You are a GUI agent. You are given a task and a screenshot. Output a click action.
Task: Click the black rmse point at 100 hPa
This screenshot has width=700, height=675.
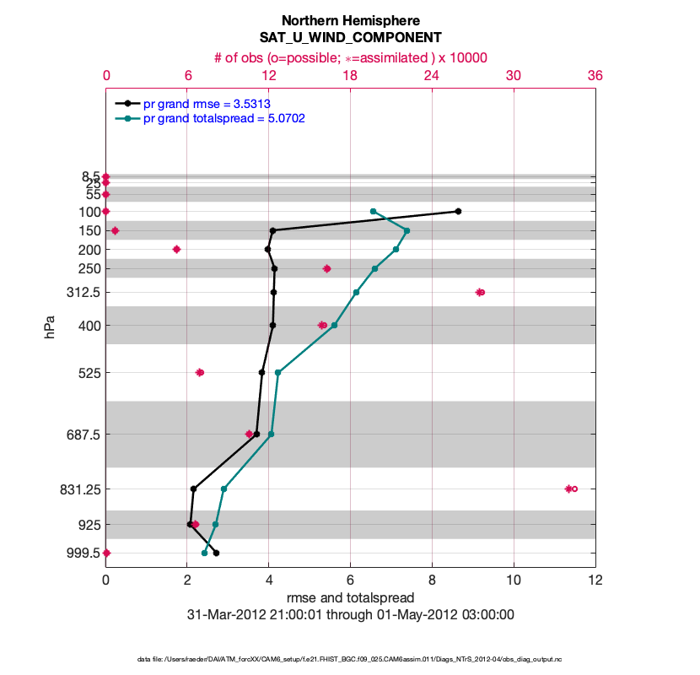(458, 211)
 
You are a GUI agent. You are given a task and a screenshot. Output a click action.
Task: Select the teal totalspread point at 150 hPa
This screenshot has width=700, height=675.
(407, 230)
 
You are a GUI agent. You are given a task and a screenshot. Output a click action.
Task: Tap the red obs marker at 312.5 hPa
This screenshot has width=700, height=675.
(480, 292)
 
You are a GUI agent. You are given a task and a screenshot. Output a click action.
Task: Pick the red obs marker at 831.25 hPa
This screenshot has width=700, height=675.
(570, 489)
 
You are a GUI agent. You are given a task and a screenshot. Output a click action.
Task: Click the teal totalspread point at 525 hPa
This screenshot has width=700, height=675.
(277, 372)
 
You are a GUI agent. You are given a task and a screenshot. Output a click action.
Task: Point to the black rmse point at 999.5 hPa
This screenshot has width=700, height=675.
(217, 553)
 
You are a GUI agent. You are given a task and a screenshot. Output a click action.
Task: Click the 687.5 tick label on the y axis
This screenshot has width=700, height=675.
(78, 435)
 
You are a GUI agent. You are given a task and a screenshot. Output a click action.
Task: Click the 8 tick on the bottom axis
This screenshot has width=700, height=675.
(432, 580)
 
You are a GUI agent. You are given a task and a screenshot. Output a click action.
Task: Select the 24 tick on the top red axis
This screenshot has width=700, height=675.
(432, 75)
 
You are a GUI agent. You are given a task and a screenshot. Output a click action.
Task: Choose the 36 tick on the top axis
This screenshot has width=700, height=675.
(595, 75)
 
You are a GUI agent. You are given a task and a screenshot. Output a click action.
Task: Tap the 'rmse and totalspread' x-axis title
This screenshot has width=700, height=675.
(350, 598)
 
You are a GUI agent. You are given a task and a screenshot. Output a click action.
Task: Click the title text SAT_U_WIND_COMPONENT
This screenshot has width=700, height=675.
(350, 38)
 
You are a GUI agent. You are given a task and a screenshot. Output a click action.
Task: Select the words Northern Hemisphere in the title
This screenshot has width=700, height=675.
(350, 20)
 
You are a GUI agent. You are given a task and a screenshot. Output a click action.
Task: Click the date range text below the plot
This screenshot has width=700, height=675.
(350, 615)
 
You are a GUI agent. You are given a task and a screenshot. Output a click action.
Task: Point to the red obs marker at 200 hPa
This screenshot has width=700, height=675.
(176, 249)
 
